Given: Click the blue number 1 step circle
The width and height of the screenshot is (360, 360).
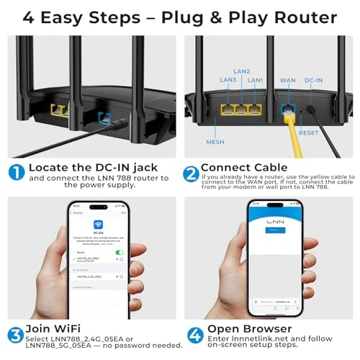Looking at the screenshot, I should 16,173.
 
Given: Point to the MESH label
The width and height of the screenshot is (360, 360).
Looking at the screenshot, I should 215,142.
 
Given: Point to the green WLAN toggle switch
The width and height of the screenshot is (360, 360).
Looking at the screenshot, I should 119,252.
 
